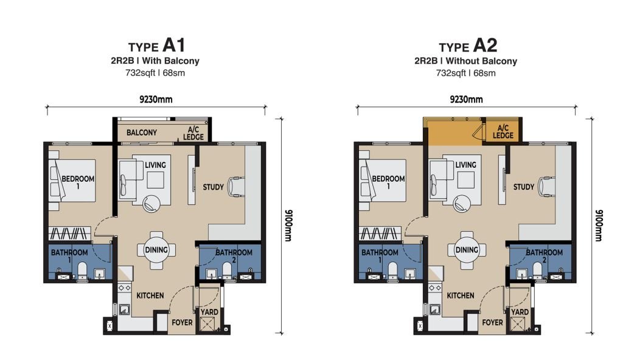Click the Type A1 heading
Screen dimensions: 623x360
coord(156,46)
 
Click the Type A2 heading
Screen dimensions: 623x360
coord(468,46)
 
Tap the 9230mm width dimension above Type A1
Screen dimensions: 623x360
coord(156,99)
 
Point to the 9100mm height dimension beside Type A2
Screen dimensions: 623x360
coord(599,225)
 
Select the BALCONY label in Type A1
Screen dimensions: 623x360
coord(141,133)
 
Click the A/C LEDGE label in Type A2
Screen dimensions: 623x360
coord(503,131)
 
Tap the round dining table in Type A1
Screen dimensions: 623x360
coord(156,250)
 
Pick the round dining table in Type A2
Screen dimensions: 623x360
coord(467,250)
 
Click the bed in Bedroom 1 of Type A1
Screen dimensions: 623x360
coord(72,181)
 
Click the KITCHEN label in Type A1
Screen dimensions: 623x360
coord(150,296)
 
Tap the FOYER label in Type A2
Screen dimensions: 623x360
coord(492,323)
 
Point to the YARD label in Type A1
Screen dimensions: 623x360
coord(209,313)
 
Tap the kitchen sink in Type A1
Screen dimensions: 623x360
coord(124,309)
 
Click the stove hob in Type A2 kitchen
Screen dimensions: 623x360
coord(435,288)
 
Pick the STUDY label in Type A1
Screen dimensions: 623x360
coord(214,187)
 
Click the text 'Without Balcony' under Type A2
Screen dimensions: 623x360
coord(481,61)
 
